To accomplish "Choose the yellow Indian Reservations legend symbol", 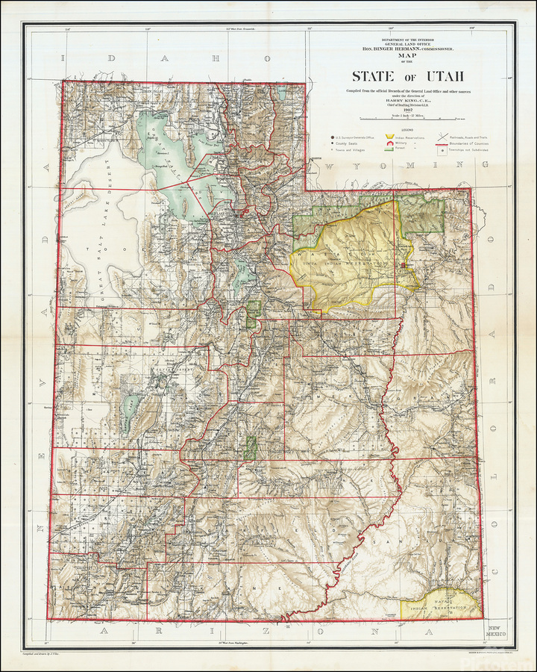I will pyautogui.click(x=389, y=137).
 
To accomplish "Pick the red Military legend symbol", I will pyautogui.click(x=389, y=143).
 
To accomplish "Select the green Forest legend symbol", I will pyautogui.click(x=389, y=149).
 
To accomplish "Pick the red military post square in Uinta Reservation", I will pyautogui.click(x=403, y=264).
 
